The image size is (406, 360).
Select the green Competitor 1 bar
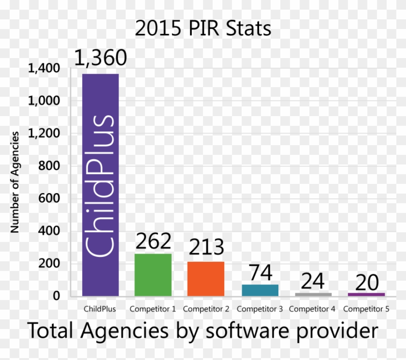(153, 274)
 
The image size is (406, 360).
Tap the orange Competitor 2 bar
(206, 278)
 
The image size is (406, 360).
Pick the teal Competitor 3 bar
(260, 290)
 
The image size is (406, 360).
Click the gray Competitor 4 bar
(313, 294)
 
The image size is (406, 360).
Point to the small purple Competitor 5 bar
(366, 294)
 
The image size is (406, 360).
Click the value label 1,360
(101, 58)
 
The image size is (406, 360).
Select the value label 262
(153, 241)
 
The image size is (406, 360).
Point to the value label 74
(261, 272)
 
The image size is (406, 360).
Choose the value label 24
(313, 282)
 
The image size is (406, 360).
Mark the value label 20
(366, 283)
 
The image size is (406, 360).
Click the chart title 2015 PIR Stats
(203, 29)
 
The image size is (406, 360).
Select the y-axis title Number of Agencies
(15, 181)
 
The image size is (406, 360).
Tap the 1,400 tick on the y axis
(43, 69)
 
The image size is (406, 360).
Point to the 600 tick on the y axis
(49, 198)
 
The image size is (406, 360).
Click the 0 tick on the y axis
(56, 296)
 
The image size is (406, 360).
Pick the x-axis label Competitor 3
(260, 309)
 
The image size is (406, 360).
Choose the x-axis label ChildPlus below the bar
(100, 309)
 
